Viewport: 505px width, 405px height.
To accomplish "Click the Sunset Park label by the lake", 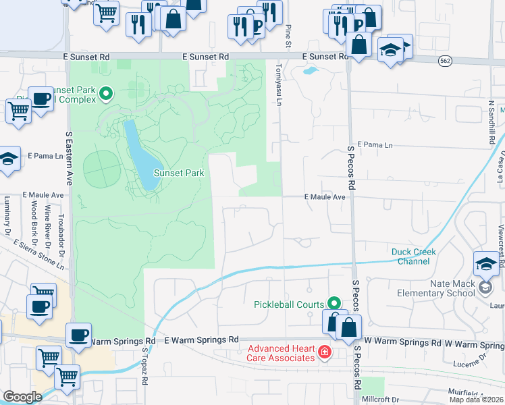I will point(179,173).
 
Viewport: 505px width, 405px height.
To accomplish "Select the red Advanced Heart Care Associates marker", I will point(324,352).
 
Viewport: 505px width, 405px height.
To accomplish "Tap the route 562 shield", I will point(444,61).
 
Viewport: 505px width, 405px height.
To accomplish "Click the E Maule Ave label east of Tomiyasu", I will point(324,197).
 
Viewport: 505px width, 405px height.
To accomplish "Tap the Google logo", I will point(22,397).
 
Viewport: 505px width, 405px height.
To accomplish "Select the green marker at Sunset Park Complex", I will point(105,93).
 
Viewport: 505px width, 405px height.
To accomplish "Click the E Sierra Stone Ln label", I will point(39,255).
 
